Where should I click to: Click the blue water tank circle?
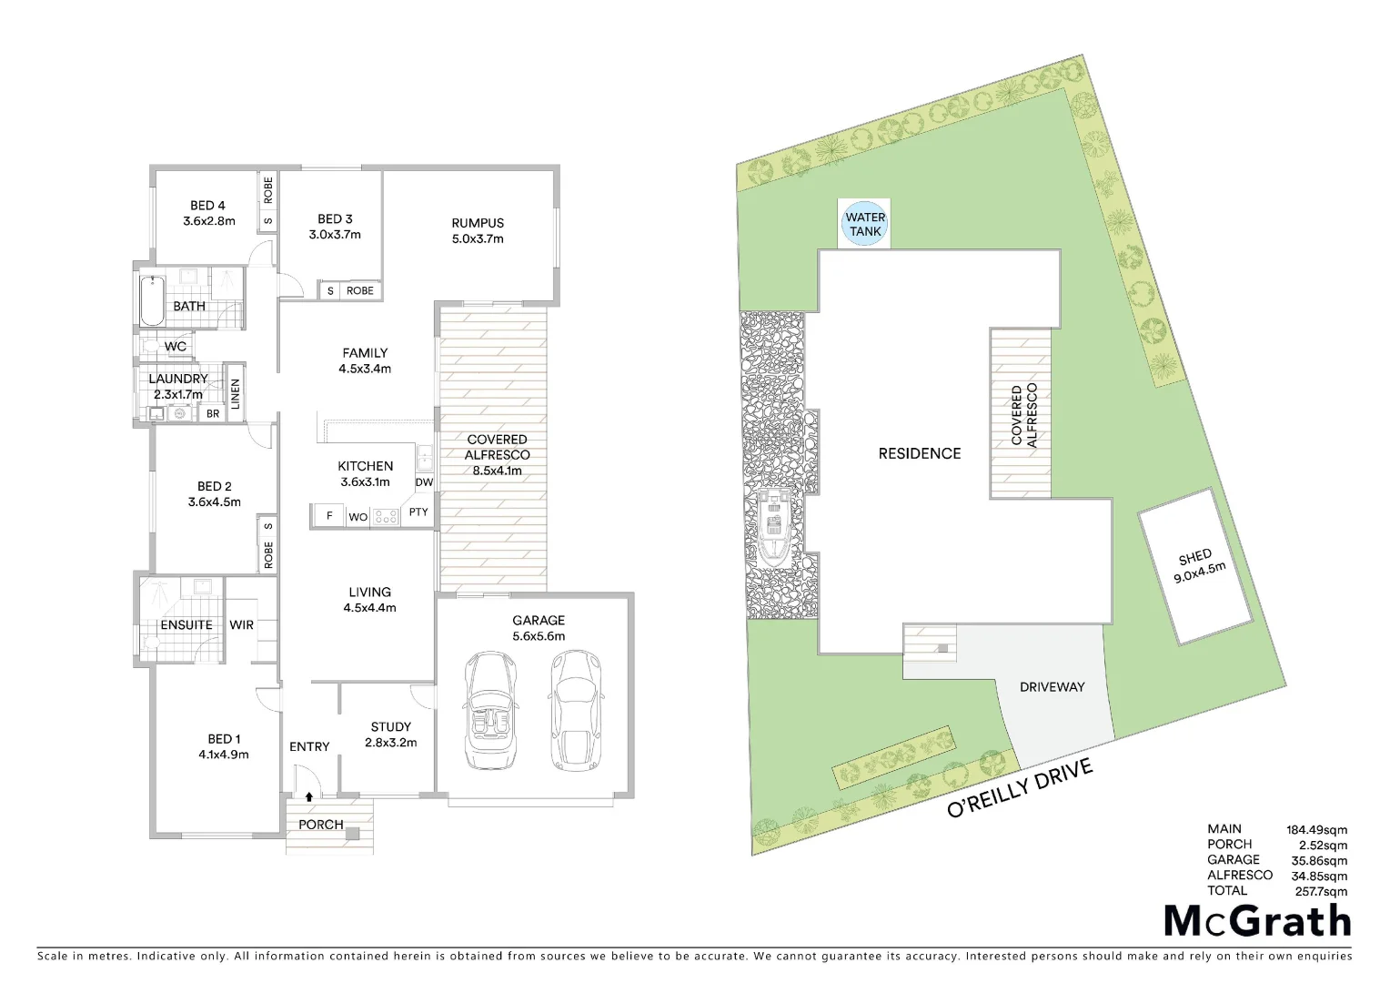[x=865, y=223]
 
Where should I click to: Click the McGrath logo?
[x=1258, y=922]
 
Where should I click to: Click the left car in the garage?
[x=492, y=711]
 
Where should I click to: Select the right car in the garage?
[x=574, y=711]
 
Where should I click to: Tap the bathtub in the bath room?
[x=152, y=300]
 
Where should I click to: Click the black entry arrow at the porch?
[x=309, y=796]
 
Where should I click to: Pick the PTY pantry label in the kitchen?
[x=418, y=512]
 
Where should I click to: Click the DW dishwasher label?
[x=424, y=482]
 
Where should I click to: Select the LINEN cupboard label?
[x=235, y=394]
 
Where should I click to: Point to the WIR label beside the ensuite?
[x=241, y=625]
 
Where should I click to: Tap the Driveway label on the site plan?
[x=1052, y=687]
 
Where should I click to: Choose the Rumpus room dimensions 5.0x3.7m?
[x=478, y=239]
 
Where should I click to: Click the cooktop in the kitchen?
[x=386, y=517]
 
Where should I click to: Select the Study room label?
[x=390, y=726]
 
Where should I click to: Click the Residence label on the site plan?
[x=919, y=453]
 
